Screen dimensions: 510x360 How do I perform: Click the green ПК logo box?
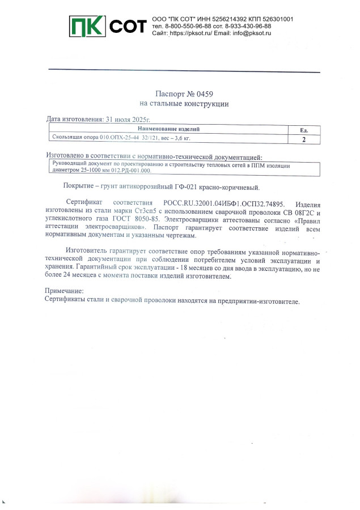point(87,25)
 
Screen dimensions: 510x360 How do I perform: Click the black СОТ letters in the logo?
point(127,26)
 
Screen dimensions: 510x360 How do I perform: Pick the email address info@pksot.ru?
point(252,33)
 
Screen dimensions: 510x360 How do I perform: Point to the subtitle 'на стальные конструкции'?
point(184,104)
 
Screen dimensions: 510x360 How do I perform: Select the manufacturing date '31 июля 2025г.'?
point(128,120)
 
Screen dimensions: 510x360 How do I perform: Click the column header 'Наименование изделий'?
point(168,129)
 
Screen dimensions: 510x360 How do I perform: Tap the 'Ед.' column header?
point(304,130)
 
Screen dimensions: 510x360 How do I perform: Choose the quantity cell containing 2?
point(304,139)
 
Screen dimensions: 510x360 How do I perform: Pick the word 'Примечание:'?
point(63,291)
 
